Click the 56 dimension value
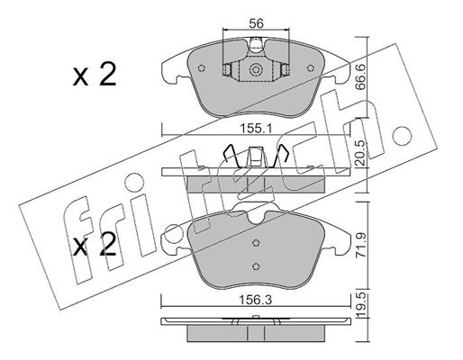coord(256,23)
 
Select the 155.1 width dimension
coord(256,129)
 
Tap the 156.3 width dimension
coord(255,300)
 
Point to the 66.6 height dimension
coord(360,77)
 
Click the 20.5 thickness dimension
coord(360,153)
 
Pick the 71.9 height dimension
coord(361,246)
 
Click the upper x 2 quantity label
coord(95,75)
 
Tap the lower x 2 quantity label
coord(95,244)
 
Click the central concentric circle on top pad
coord(256,70)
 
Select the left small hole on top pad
coord(202,68)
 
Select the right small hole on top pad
coord(311,68)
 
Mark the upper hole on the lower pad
coord(256,243)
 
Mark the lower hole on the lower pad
coord(256,266)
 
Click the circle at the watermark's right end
coord(402,136)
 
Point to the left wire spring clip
coord(231,156)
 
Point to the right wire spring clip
coord(279,156)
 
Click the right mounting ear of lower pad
coord(337,240)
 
